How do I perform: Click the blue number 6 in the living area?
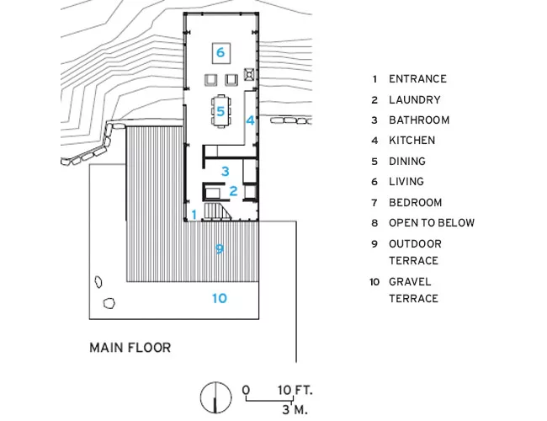click(220, 52)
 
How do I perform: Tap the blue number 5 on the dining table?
click(220, 111)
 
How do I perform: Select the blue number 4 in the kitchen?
click(250, 120)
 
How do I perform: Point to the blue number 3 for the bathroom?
click(226, 172)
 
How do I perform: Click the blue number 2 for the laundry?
click(233, 191)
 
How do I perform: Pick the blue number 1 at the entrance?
click(194, 215)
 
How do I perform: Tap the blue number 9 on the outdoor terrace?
click(220, 249)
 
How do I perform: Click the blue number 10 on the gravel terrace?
click(220, 298)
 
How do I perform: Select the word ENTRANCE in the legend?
click(417, 79)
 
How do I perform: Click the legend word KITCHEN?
click(412, 141)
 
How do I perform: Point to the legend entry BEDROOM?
click(416, 202)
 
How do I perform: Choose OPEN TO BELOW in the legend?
click(432, 223)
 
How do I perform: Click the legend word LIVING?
click(406, 182)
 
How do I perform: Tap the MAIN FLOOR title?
click(130, 348)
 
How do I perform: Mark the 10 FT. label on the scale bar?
click(295, 390)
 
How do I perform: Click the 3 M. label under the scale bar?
click(295, 409)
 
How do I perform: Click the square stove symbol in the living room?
click(249, 74)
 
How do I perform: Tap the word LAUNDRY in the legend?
click(415, 100)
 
